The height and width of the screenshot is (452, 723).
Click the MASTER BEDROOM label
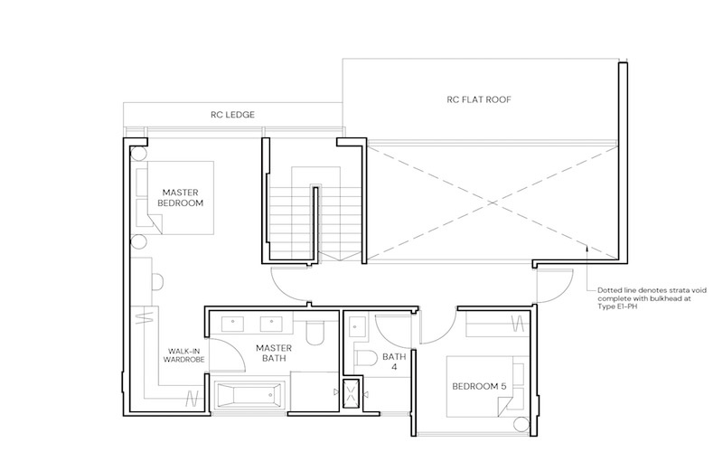180,198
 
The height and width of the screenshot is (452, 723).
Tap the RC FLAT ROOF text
479,99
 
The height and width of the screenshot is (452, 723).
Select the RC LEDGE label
232,115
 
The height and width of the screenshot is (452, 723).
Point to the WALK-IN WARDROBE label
183,355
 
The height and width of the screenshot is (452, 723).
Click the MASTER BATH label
274,353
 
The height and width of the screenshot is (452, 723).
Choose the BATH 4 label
394,362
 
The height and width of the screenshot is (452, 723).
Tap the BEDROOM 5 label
479,387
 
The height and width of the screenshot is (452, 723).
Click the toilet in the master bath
315,333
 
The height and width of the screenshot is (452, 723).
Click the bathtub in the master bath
249,395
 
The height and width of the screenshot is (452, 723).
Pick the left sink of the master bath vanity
233,324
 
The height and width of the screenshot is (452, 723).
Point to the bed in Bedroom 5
487,386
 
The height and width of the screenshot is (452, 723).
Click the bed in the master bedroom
174,197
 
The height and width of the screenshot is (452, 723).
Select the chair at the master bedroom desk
156,282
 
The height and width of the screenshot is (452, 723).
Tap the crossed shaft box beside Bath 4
352,394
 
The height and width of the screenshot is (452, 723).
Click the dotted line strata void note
652,298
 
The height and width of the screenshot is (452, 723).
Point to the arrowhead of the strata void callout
587,248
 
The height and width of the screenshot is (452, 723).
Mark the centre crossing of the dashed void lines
493,202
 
